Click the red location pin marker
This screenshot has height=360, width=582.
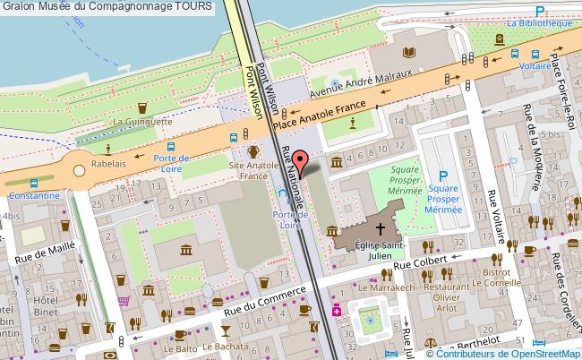[x=303, y=162]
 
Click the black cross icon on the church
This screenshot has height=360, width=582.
[x=381, y=228]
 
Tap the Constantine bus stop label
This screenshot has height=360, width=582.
[x=32, y=194]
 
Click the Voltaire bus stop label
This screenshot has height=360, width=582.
[x=535, y=65]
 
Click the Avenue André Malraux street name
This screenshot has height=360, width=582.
[x=359, y=82]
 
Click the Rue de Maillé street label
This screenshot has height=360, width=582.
[x=42, y=250]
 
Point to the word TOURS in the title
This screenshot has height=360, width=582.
[x=195, y=6]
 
